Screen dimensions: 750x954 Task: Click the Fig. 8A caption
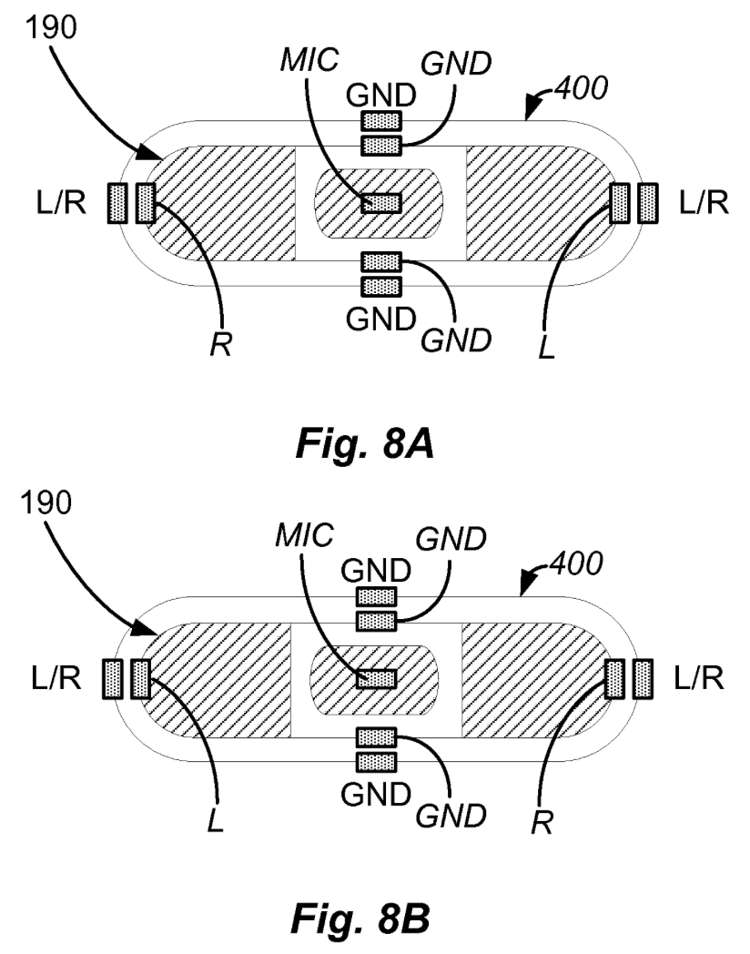point(364,443)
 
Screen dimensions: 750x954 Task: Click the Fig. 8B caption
point(360,918)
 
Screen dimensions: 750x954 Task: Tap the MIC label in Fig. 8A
point(309,60)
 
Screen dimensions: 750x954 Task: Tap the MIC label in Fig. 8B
point(304,535)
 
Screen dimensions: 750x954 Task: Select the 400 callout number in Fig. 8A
point(582,88)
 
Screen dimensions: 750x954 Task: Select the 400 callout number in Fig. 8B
point(576,563)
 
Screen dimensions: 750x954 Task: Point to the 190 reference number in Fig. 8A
point(51,27)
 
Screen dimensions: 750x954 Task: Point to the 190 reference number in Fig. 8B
point(46,503)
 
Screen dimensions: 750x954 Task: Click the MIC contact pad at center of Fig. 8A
point(381,203)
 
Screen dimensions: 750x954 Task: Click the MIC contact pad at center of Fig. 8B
point(377,678)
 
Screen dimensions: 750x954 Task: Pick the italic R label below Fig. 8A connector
point(221,345)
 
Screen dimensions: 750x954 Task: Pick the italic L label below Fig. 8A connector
point(546,348)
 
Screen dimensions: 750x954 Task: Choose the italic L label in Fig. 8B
point(216,821)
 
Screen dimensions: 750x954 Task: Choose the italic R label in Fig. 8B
point(542,823)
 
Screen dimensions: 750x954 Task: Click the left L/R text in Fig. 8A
point(61,203)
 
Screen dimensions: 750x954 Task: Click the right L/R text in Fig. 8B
point(699,678)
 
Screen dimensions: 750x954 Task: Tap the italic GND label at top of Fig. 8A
point(456,64)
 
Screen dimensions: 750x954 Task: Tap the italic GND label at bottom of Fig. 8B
point(451,816)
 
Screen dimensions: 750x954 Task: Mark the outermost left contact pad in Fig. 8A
point(117,203)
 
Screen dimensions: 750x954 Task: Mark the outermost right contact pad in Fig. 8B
point(643,678)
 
